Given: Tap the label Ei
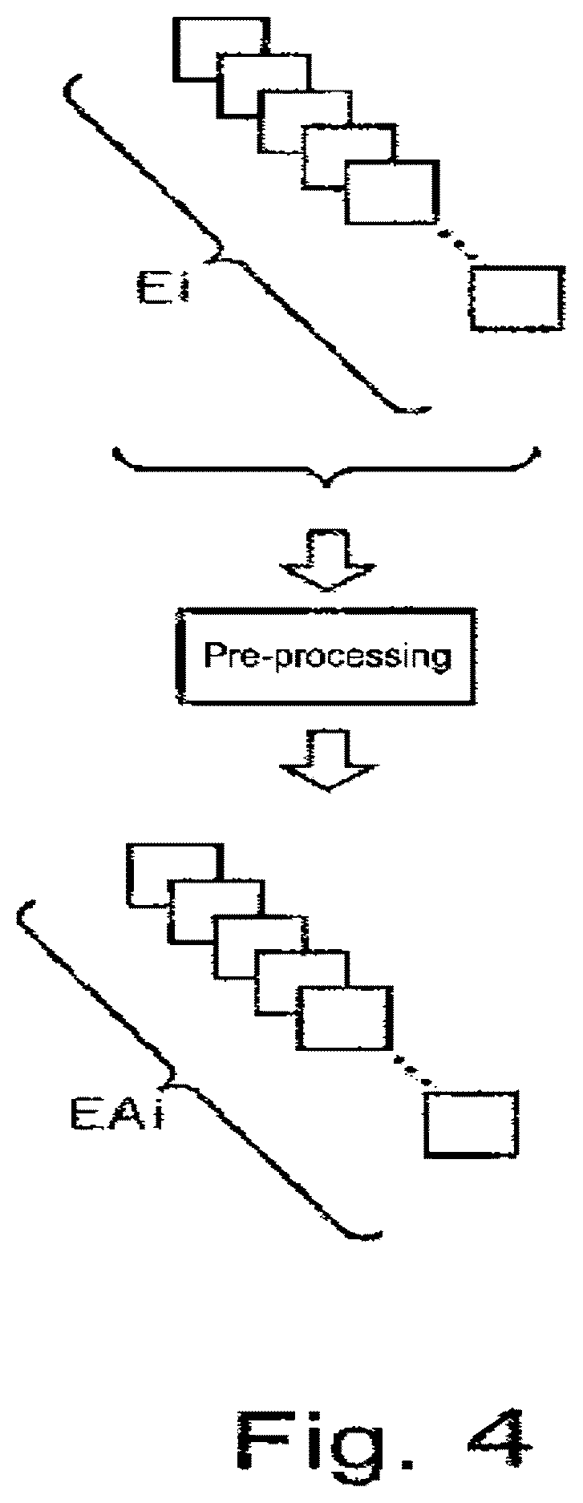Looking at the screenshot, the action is pos(160,285).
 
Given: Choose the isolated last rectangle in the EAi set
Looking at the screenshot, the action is pos(472,1123).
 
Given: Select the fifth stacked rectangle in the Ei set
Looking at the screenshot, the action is pos(393,192).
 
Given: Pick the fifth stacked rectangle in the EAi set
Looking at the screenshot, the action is pos(348,1017).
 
